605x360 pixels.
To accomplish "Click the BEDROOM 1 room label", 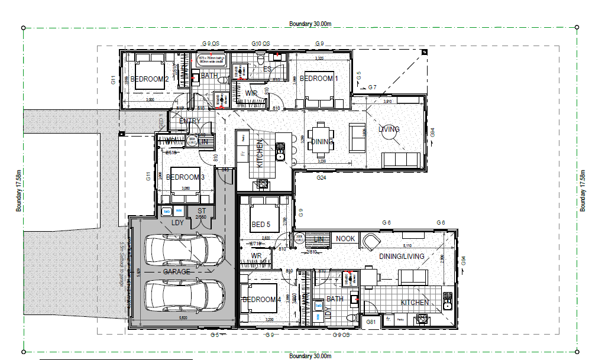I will click(x=319, y=79).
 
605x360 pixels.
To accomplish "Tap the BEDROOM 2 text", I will click(x=150, y=79).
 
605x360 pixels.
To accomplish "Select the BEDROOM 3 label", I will click(x=185, y=177).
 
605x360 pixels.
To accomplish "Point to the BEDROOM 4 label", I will click(x=261, y=300).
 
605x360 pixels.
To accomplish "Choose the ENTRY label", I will click(x=189, y=122).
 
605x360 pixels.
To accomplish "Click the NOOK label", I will click(x=345, y=239).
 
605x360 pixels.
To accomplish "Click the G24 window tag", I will click(x=321, y=177).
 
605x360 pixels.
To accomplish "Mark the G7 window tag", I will click(x=372, y=87).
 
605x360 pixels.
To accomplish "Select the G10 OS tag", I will click(x=260, y=44).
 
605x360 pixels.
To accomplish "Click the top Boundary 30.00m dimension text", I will click(x=310, y=24).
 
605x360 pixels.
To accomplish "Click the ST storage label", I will click(x=202, y=210).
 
